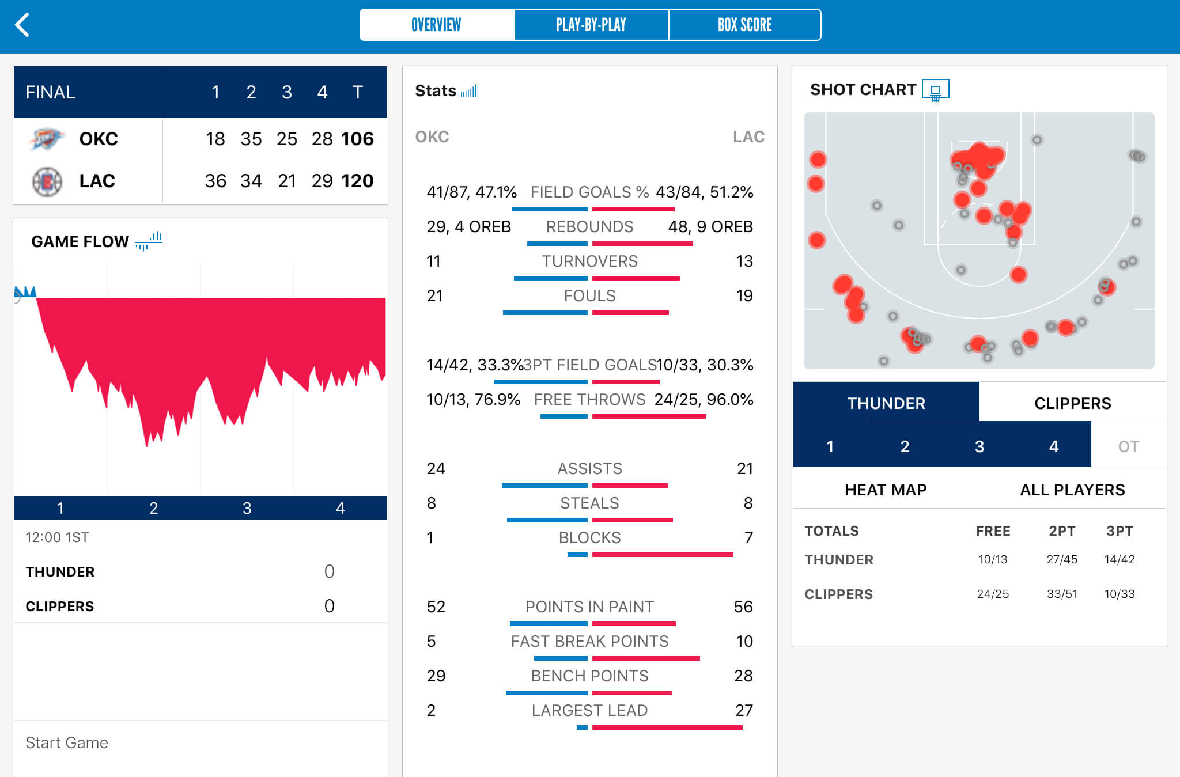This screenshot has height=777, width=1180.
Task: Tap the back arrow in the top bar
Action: click(x=22, y=25)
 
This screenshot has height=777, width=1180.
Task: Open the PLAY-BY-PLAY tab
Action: click(x=591, y=25)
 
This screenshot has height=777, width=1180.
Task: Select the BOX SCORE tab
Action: click(x=744, y=25)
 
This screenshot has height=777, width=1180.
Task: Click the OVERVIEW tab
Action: click(x=436, y=25)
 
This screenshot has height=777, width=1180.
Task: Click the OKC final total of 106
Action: click(x=357, y=139)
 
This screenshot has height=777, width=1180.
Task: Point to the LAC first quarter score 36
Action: click(x=215, y=181)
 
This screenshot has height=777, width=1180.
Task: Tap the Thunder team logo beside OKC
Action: click(x=46, y=139)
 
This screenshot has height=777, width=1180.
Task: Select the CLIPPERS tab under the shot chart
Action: click(x=1072, y=403)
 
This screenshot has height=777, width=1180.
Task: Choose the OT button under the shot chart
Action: click(x=1128, y=446)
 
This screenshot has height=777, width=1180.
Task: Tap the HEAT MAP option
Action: click(x=886, y=490)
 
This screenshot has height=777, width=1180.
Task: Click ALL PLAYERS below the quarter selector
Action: click(x=1072, y=490)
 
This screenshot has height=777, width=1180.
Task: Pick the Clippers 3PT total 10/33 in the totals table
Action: click(x=1119, y=594)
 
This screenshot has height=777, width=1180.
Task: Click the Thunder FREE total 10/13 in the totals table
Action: click(x=993, y=559)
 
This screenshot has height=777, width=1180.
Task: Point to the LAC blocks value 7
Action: click(x=748, y=537)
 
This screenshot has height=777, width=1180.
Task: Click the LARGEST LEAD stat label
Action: click(x=589, y=710)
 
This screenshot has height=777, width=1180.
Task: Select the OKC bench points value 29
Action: click(x=436, y=676)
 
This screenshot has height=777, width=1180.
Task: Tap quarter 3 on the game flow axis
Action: click(x=247, y=508)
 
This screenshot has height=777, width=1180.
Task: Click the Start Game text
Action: click(x=67, y=742)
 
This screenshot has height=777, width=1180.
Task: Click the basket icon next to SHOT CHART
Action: click(x=935, y=90)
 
